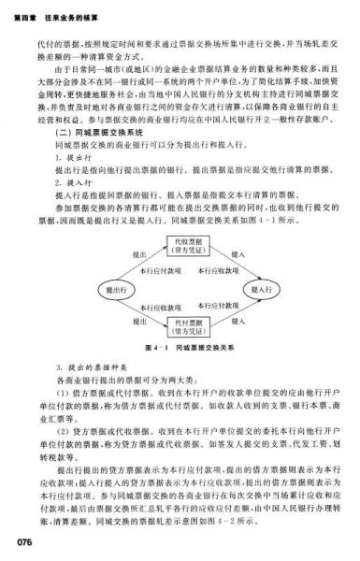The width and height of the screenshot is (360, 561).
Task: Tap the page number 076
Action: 17,539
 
